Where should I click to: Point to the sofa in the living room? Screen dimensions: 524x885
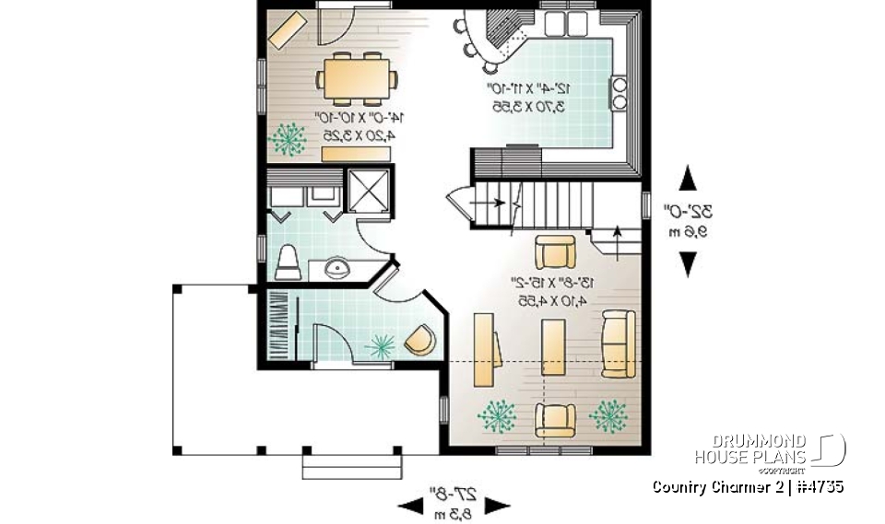pos(619,344)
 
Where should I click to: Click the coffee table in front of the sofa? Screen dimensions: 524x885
pos(554,347)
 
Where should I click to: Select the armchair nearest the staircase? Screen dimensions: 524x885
pos(555,251)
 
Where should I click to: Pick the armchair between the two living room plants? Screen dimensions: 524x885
pos(554,419)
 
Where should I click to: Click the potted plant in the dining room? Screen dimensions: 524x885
pos(289,138)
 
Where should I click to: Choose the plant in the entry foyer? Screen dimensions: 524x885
pos(380,345)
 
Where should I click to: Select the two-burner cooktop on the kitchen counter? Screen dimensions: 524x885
pos(619,93)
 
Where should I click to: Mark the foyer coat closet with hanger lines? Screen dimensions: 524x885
pos(277,327)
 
